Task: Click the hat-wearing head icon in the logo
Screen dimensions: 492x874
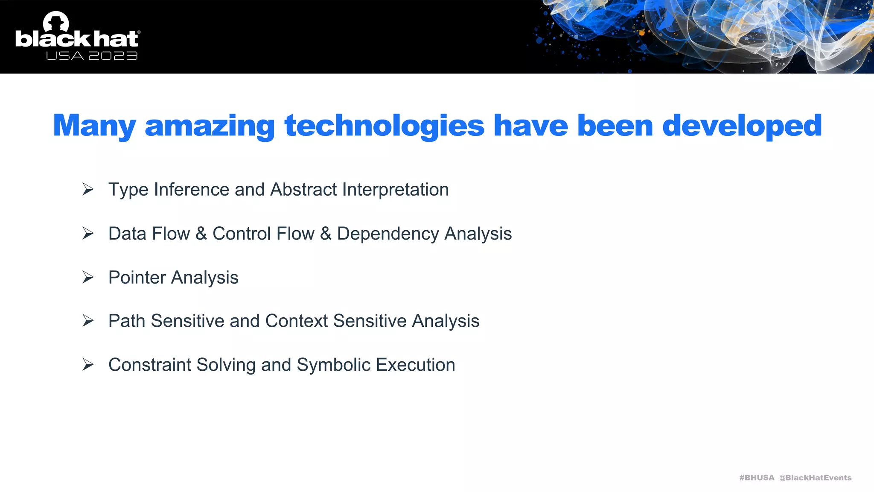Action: tap(56, 21)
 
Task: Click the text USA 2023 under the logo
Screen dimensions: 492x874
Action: tap(92, 56)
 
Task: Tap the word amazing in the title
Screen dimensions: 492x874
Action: tap(210, 126)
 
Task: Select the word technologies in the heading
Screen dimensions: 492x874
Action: tap(384, 126)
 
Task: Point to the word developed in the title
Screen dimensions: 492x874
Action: tap(742, 126)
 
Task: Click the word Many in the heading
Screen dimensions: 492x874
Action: tap(94, 126)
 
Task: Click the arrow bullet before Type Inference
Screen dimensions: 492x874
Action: tap(88, 189)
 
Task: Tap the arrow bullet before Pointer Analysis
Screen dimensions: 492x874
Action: tap(88, 277)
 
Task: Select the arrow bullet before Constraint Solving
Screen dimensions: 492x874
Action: tap(88, 365)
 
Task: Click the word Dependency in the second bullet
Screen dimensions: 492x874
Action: tap(387, 234)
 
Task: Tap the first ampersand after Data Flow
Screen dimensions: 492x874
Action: tap(201, 234)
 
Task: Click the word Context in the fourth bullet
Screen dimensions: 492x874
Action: tap(296, 321)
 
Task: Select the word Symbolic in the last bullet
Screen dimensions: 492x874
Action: tap(333, 365)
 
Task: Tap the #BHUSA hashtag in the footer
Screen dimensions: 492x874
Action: tap(756, 477)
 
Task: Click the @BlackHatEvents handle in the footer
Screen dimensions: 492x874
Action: tap(815, 477)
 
